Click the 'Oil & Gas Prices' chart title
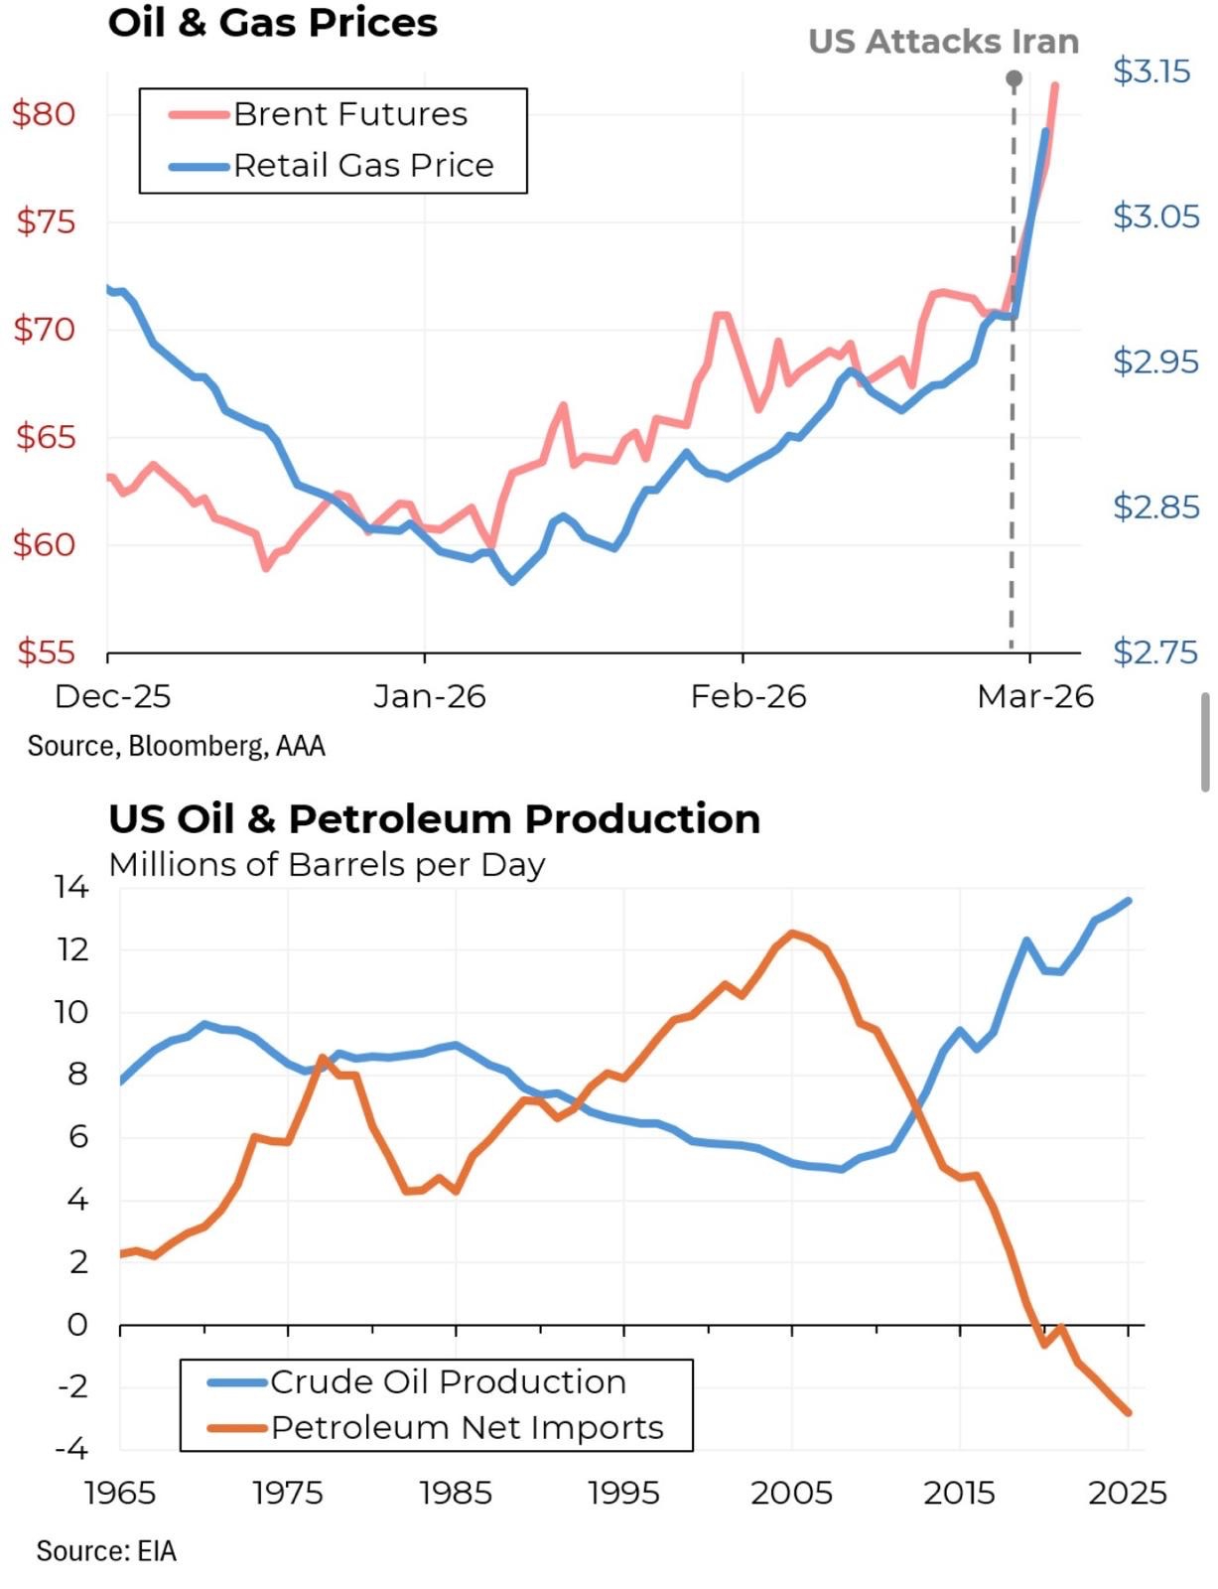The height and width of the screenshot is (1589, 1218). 272,23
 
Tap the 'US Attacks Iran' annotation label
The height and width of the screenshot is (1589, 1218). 943,42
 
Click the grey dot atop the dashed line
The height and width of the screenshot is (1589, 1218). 1014,78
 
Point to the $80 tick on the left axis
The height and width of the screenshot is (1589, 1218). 44,114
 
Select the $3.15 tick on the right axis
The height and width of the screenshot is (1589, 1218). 1151,72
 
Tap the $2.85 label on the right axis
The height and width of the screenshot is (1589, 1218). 1155,507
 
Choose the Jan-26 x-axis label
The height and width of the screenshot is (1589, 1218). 429,697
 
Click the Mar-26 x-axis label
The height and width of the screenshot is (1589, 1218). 1035,697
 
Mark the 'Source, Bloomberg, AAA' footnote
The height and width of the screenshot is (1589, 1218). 176,746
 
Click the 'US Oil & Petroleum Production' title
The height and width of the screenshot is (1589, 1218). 434,819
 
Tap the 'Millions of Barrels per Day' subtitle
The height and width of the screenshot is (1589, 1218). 327,865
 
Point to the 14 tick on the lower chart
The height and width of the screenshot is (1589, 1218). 71,887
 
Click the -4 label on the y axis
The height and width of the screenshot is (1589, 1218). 70,1449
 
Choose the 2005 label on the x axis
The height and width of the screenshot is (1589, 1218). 791,1493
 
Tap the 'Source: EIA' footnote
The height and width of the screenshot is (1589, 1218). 106,1551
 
